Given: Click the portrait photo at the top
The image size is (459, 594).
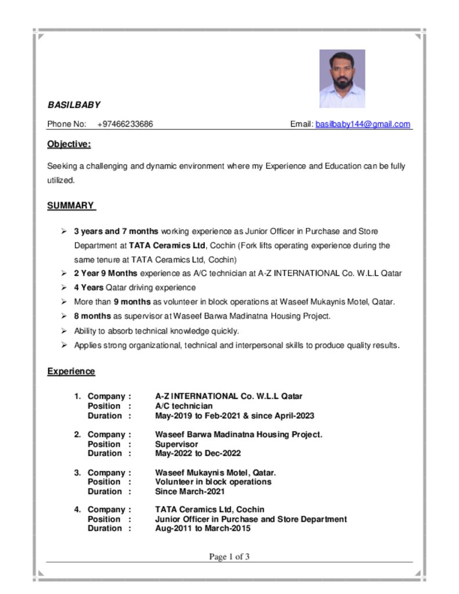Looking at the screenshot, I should coord(342,78).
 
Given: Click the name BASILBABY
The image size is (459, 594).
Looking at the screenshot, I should coord(74,105).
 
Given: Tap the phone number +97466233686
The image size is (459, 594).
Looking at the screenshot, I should coord(125,124).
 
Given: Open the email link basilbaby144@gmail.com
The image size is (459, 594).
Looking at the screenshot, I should coord(363,124).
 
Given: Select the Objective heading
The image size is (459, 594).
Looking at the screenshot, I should coord(69,144).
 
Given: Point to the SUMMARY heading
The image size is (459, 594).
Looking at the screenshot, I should coord(71,205).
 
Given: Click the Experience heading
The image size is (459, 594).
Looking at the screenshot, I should coord(71,371).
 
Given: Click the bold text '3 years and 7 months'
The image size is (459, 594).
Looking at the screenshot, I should coord(116,231).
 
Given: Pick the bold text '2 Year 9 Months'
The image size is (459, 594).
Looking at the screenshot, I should coord(106,273).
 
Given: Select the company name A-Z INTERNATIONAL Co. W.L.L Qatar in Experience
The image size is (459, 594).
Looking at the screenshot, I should coord(229,397).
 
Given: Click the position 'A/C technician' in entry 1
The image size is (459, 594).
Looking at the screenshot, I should coord(184,406).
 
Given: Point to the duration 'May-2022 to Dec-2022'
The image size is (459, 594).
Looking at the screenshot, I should coord(198,454).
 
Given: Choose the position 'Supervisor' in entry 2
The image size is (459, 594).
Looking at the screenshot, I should coord(176,444).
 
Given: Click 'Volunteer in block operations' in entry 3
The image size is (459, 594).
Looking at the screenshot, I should coord(213,482).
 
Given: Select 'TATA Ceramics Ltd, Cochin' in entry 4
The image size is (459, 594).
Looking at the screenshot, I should coord(209,510).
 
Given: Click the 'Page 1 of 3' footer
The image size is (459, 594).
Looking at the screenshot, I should coord(229,557).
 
